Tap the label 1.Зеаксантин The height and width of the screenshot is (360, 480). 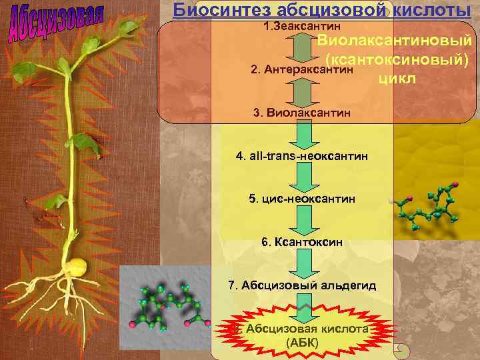302,26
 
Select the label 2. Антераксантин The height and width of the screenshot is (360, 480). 301,70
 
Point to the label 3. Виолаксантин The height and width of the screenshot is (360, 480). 302,113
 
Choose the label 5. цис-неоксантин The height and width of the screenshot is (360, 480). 302,199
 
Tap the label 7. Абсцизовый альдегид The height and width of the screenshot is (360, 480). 302,285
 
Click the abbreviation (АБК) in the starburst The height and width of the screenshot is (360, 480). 302,343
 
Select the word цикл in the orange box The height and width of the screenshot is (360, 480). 397,79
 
